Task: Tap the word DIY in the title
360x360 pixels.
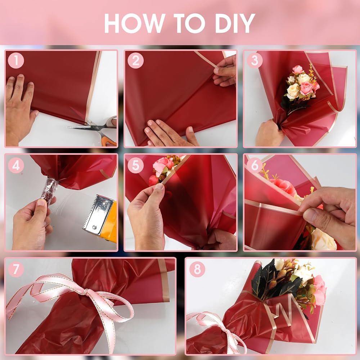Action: click(235, 23)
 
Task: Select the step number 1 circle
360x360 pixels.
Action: click(16, 60)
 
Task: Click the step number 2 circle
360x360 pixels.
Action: click(135, 60)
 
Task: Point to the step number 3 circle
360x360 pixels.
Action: click(255, 60)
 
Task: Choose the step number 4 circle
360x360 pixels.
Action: click(16, 165)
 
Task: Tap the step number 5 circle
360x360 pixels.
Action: click(135, 165)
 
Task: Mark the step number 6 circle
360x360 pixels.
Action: click(255, 165)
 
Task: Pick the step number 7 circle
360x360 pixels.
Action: click(16, 269)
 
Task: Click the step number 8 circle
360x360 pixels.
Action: click(197, 269)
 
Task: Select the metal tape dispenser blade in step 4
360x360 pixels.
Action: click(98, 215)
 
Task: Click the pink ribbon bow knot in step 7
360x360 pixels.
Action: click(86, 292)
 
